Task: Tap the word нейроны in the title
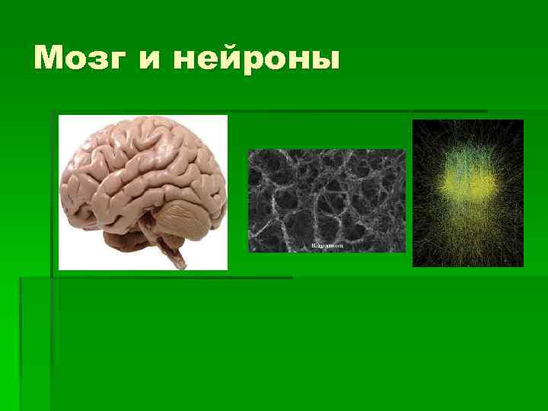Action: click(256, 59)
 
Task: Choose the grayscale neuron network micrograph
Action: click(327, 200)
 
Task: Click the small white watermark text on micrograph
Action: click(327, 246)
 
